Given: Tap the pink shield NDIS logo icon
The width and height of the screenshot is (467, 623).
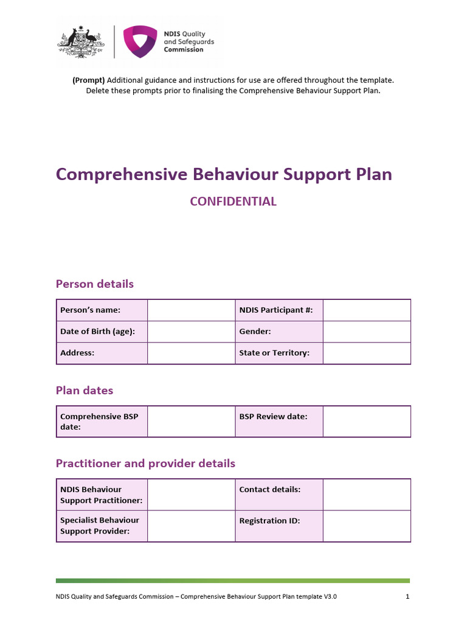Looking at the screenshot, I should (x=140, y=41).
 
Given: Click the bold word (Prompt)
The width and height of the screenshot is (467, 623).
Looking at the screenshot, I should (x=89, y=80).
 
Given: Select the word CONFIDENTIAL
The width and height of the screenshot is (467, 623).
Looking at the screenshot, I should (x=233, y=201).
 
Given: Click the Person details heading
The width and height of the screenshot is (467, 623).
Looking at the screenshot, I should (x=94, y=284).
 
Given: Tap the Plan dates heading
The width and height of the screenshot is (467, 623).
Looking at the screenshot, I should (x=85, y=391).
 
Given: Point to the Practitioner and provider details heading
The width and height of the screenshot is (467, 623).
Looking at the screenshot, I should (x=145, y=464).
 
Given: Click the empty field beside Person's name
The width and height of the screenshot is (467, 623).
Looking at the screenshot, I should (x=191, y=310).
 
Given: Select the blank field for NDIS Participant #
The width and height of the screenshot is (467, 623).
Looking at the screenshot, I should (x=367, y=310).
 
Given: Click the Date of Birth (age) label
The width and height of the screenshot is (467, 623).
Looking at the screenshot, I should (x=97, y=332).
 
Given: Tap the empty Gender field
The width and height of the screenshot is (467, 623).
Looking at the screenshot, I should (x=367, y=332).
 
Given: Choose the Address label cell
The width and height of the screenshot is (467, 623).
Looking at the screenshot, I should (x=77, y=353).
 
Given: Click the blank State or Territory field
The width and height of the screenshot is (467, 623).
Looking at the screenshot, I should (x=367, y=353).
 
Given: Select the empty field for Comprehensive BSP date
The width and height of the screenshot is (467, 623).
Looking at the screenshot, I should (x=191, y=422).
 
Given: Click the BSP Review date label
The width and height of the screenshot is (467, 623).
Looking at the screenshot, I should (x=273, y=417).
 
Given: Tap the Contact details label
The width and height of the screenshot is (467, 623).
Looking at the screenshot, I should (x=270, y=489).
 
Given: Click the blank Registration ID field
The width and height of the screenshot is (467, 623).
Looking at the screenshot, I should (x=367, y=526).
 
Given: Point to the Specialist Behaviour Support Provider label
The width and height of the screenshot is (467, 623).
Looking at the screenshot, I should (x=100, y=526).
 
